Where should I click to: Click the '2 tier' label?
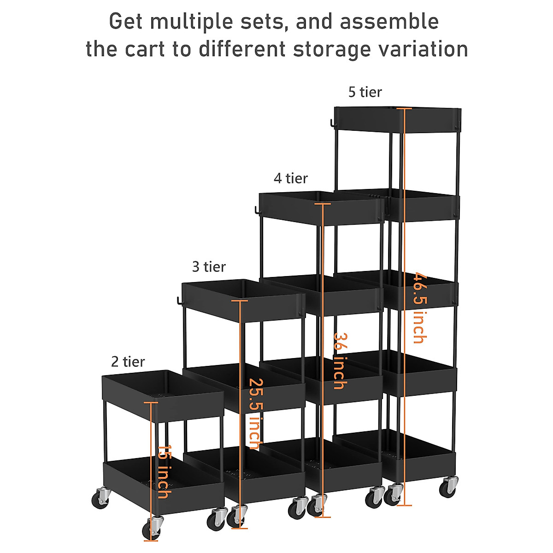pyautogui.click(x=128, y=362)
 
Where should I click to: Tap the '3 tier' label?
pyautogui.click(x=209, y=267)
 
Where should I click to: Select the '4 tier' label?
pyautogui.click(x=290, y=178)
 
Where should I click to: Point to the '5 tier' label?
pyautogui.click(x=365, y=92)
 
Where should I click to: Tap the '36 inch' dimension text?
pyautogui.click(x=340, y=361)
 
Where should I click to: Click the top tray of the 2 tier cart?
pyautogui.click(x=162, y=396)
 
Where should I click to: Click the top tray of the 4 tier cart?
pyautogui.click(x=321, y=208)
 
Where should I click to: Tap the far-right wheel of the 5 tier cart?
pyautogui.click(x=448, y=487)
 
